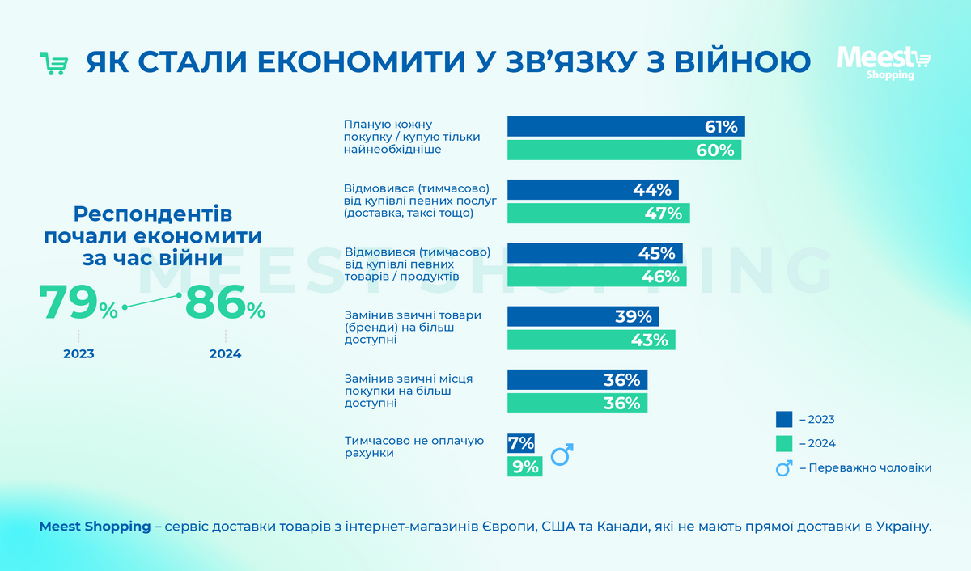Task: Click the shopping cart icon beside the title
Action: point(53,63)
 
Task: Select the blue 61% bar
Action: point(625,126)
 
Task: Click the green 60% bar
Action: point(624,150)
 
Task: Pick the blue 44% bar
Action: point(592,190)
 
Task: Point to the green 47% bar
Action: point(598,214)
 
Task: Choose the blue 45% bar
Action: point(595,253)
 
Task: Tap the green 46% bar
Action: point(596,277)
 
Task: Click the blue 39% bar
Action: point(583,316)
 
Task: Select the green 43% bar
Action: point(591,340)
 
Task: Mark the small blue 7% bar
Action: point(521,443)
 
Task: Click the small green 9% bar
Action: point(524,467)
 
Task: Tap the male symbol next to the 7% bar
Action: point(562,455)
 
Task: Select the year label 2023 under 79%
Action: point(78,354)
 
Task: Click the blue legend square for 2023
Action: point(783,419)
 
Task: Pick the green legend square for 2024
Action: point(783,443)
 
